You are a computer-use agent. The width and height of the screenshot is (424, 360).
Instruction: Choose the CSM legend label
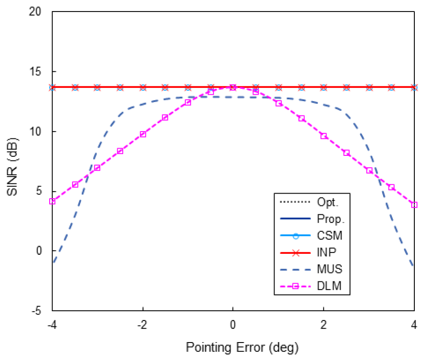pos(330,236)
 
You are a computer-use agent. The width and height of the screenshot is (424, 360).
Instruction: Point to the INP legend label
pos(327,253)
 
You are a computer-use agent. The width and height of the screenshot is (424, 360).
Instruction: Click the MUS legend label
pos(329,270)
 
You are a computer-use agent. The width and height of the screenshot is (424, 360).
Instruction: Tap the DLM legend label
pos(329,287)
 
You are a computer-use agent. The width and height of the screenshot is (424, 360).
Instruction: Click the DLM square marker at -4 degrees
pos(52,201)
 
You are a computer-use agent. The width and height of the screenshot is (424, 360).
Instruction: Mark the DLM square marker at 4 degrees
pos(414,205)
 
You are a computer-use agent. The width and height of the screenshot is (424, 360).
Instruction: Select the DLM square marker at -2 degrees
pos(143,134)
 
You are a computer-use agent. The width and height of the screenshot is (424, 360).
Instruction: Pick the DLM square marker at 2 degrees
pos(324,136)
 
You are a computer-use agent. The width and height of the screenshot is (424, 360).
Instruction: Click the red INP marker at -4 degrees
pos(52,87)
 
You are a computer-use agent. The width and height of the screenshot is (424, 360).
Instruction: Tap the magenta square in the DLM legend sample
pos(296,287)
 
